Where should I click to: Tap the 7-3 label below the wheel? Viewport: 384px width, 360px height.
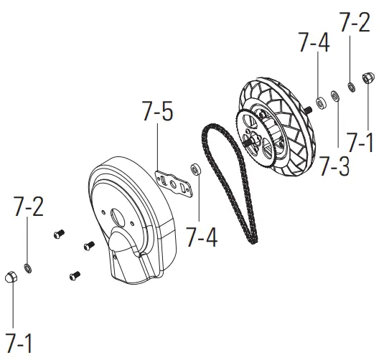pos(334,166)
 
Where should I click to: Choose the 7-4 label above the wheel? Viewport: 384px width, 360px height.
pos(314,44)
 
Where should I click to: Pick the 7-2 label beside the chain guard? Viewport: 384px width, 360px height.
pos(29,208)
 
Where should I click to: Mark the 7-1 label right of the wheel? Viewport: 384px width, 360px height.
pos(360,142)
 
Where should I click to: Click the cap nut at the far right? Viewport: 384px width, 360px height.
pos(366,77)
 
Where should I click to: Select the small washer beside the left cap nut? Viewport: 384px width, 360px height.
pos(27,268)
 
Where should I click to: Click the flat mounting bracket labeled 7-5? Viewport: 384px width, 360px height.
pos(175,180)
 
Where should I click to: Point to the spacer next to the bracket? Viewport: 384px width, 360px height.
pos(194,170)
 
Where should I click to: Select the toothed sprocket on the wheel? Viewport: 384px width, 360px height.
pos(255,136)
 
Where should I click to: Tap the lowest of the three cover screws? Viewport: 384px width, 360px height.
pos(74,273)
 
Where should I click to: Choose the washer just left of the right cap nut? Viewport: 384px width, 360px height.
pos(352,87)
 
